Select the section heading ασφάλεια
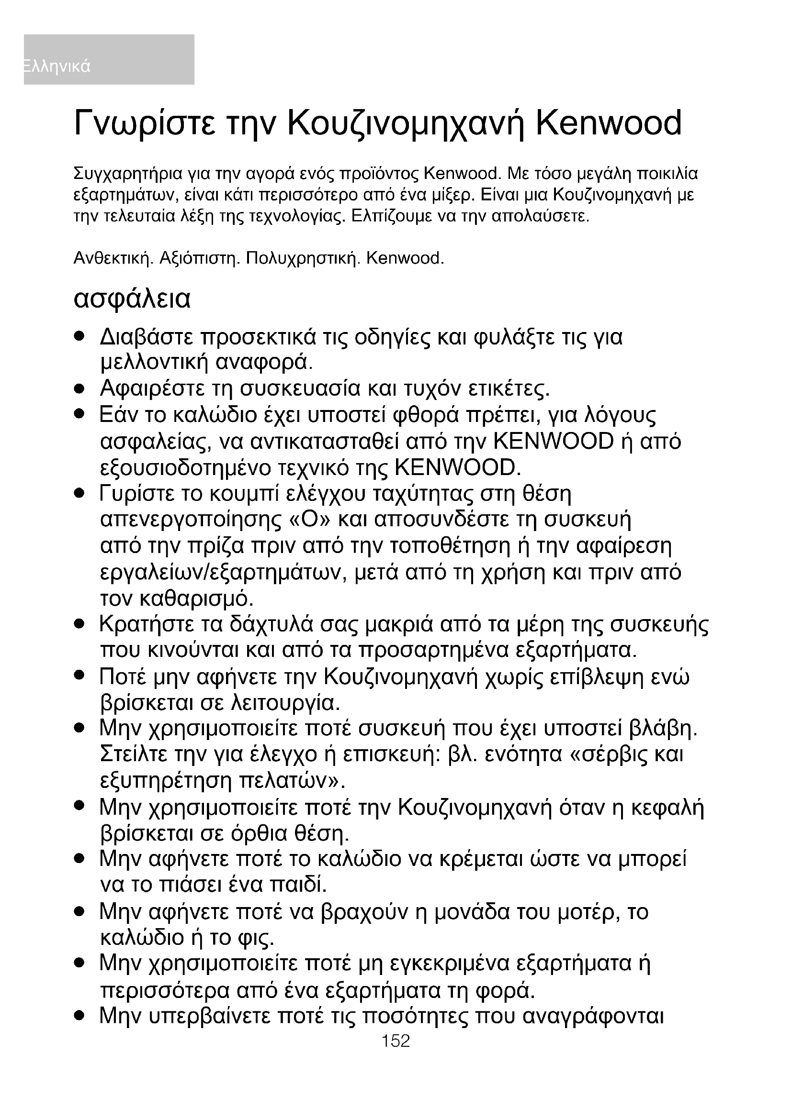(132, 299)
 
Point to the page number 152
(396, 1041)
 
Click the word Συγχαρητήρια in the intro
(128, 174)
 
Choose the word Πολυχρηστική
(303, 258)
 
